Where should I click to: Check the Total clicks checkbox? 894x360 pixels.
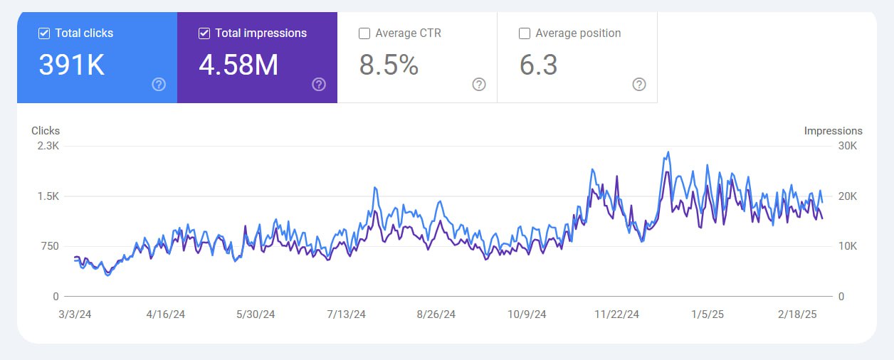pos(44,33)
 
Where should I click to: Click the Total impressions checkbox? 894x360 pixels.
pos(204,33)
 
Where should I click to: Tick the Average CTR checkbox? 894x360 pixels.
pos(364,33)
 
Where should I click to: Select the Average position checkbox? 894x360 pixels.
pos(525,33)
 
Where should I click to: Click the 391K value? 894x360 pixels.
pos(71,65)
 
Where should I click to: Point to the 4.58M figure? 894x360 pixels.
pos(238,65)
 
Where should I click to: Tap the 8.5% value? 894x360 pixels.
pos(389,65)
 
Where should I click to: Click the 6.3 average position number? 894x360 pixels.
pos(538,65)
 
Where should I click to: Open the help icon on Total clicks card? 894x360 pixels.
pos(159,85)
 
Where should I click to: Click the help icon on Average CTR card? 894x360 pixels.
pos(479,85)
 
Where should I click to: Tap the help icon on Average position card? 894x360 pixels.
pos(639,85)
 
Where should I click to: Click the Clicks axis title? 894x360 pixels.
pos(46,131)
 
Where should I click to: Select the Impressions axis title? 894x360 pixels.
pos(833,131)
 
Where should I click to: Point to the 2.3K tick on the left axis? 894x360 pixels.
pos(48,146)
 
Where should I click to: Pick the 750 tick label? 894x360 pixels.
pos(49,246)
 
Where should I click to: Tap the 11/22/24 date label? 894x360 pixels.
pos(617,314)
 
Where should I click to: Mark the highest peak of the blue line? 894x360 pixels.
pos(668,152)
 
